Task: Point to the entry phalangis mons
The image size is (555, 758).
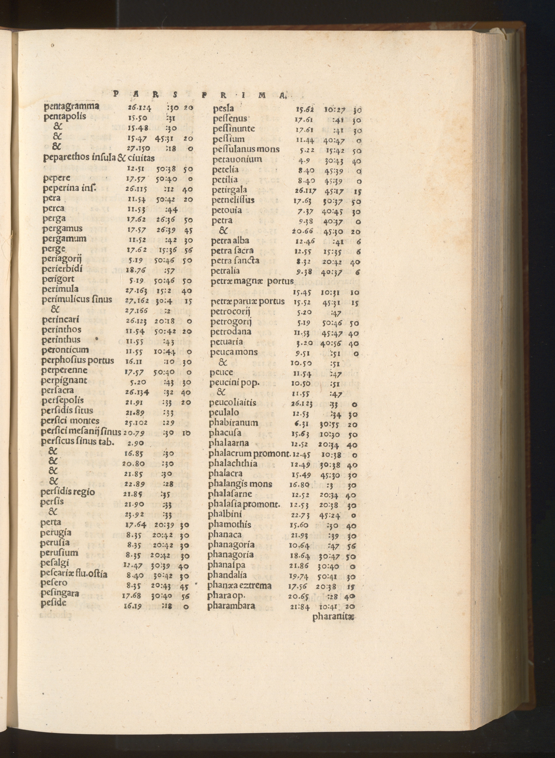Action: pos(240,484)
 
